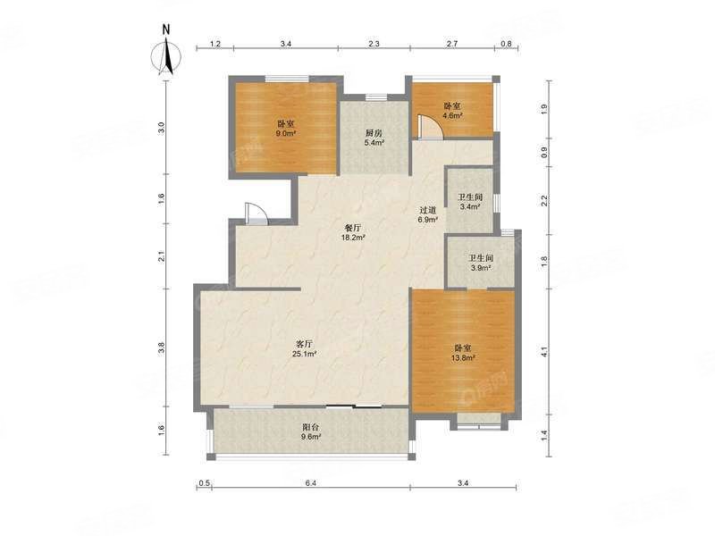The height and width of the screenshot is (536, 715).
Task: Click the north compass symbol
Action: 166,57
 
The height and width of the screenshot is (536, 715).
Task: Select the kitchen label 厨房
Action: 374,133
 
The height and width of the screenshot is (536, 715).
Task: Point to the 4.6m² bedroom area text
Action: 452,116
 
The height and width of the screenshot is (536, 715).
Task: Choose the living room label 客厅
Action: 306,344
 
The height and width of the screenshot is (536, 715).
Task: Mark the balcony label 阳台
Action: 311,428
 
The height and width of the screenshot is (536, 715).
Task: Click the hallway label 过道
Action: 428,210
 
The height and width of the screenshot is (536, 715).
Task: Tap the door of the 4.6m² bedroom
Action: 430,126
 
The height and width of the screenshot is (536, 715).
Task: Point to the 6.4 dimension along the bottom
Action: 310,483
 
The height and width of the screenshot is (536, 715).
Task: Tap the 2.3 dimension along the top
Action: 374,44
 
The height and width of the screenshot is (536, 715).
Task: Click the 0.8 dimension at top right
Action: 506,44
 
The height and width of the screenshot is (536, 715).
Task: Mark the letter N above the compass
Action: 166,30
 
